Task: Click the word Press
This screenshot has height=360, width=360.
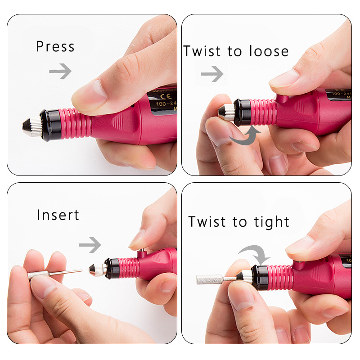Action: point(55,47)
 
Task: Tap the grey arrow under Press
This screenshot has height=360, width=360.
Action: point(60,71)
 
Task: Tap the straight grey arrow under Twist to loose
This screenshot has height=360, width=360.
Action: point(212,73)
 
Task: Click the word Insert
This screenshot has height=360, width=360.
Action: point(58,215)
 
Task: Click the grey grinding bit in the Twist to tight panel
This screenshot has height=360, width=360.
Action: point(210,279)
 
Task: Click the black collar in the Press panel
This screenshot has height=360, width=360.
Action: point(50,124)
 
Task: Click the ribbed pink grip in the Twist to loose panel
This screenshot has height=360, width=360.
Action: point(264,112)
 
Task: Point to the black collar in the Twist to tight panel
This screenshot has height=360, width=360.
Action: point(259,277)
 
